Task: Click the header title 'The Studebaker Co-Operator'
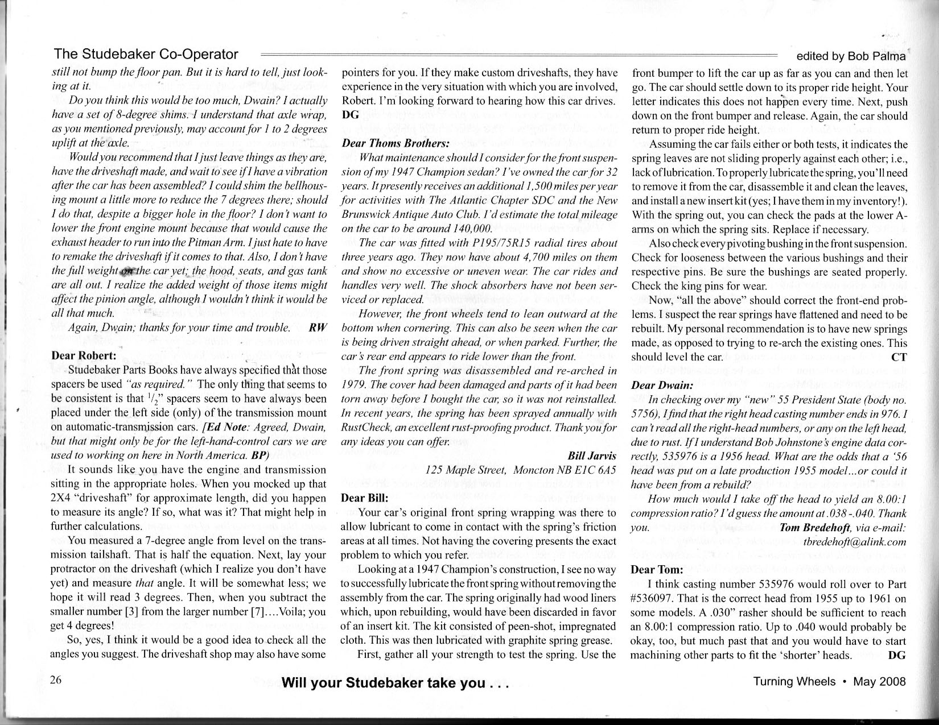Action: (x=146, y=55)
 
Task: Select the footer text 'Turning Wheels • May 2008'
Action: (x=829, y=681)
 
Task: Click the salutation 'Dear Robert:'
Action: (x=84, y=355)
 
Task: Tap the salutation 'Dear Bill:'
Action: (x=364, y=497)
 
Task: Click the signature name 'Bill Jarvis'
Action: (x=592, y=457)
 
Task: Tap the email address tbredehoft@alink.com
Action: (x=854, y=541)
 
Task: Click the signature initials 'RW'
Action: (x=318, y=328)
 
